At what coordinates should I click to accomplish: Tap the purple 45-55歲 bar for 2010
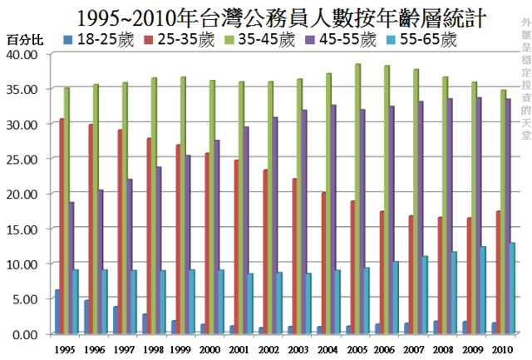[x=508, y=216]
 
